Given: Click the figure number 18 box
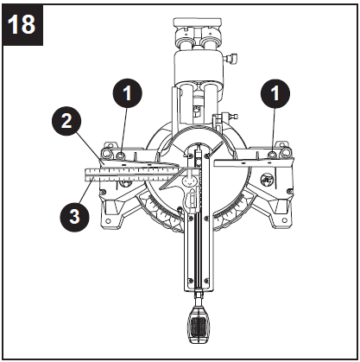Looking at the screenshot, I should [x=24, y=24].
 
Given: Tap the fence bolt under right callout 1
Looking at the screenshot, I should [x=275, y=154].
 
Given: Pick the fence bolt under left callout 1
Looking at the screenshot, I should [x=124, y=154].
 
